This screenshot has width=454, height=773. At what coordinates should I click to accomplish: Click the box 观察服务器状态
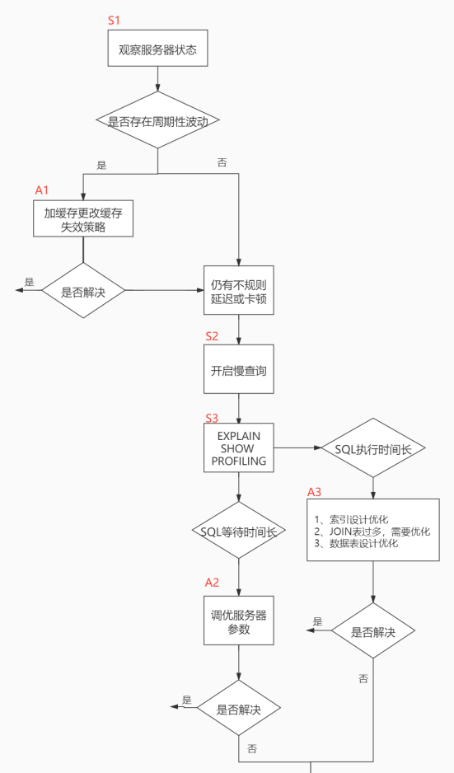pyautogui.click(x=157, y=49)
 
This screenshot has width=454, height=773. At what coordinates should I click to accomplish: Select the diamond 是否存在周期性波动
pyautogui.click(x=157, y=121)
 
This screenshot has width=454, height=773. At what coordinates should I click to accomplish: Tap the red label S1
pyautogui.click(x=115, y=19)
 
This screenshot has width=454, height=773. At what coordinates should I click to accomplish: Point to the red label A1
pyautogui.click(x=42, y=190)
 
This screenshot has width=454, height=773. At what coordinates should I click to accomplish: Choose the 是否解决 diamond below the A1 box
pyautogui.click(x=83, y=291)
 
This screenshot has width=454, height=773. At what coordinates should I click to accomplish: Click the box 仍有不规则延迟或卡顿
pyautogui.click(x=238, y=291)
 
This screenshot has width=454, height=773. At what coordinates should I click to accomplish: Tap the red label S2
pyautogui.click(x=212, y=336)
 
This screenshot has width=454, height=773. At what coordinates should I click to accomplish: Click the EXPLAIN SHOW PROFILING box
pyautogui.click(x=238, y=448)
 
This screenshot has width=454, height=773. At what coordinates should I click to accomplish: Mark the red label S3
pyautogui.click(x=212, y=418)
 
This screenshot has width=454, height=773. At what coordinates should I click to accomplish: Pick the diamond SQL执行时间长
pyautogui.click(x=373, y=448)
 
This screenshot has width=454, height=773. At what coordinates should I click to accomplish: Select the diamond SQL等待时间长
pyautogui.click(x=238, y=531)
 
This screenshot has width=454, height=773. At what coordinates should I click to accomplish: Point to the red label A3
pyautogui.click(x=315, y=492)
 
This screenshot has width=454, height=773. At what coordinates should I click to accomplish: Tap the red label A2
pyautogui.click(x=212, y=583)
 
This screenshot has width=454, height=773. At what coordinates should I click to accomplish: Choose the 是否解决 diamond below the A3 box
pyautogui.click(x=373, y=631)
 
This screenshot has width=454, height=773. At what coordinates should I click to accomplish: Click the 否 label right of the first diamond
pyautogui.click(x=222, y=162)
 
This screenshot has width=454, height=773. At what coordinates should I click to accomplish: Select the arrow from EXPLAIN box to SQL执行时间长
pyautogui.click(x=297, y=448)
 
